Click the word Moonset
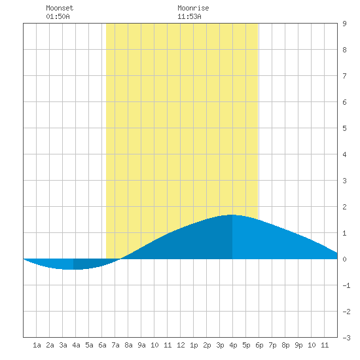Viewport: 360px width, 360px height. point(60,8)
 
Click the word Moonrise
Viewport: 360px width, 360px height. point(193,8)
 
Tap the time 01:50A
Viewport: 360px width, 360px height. point(58,16)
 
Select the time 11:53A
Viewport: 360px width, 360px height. point(189,16)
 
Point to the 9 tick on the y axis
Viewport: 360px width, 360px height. point(344,24)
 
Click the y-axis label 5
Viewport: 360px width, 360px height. point(344,128)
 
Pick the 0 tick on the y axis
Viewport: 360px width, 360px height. point(344,259)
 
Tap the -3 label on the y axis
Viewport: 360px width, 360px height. point(346,338)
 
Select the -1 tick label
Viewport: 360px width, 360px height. point(346,285)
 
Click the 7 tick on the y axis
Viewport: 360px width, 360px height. point(344,76)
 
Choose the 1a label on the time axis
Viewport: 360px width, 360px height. point(37,345)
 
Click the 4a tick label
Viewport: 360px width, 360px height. point(76,345)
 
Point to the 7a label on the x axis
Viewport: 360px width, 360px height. point(115,345)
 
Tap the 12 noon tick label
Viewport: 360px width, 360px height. point(181,345)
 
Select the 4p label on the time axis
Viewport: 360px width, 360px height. point(233,345)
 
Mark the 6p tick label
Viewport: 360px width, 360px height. point(259,345)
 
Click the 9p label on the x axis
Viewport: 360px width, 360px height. point(298,345)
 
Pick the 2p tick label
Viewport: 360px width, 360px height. point(207,345)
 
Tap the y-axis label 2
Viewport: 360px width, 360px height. point(344,207)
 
